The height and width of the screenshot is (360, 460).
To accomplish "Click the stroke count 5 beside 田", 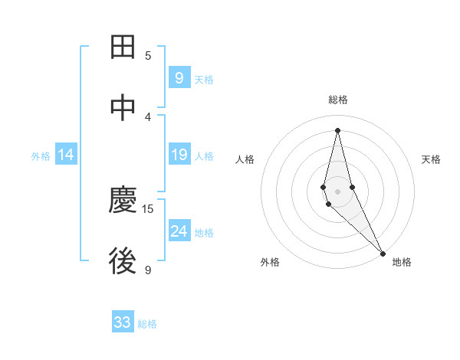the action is pyautogui.click(x=148, y=55).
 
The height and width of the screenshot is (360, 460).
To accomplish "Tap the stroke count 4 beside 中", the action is pyautogui.click(x=148, y=116).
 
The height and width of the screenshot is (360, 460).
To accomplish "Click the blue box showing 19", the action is pyautogui.click(x=179, y=155).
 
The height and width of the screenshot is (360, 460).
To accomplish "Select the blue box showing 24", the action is pyautogui.click(x=179, y=231).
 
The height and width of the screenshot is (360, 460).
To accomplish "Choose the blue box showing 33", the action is pyautogui.click(x=123, y=322).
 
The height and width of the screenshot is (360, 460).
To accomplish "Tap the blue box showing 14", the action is pyautogui.click(x=66, y=155).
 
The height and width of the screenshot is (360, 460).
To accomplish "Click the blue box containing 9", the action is pyautogui.click(x=179, y=78).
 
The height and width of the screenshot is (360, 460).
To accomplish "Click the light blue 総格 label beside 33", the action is pyautogui.click(x=147, y=324).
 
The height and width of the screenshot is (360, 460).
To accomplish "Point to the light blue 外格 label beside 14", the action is pyautogui.click(x=41, y=156).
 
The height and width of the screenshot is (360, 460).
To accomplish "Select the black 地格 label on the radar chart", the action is pyautogui.click(x=402, y=262).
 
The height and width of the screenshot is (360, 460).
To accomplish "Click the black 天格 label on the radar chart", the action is pyautogui.click(x=431, y=159).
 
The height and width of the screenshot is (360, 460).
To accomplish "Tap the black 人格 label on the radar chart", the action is pyautogui.click(x=245, y=159).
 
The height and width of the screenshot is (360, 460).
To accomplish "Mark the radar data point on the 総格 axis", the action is pyautogui.click(x=337, y=130).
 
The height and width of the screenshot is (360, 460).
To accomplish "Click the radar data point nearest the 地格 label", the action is pyautogui.click(x=383, y=252).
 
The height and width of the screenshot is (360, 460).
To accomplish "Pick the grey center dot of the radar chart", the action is pyautogui.click(x=337, y=191).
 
